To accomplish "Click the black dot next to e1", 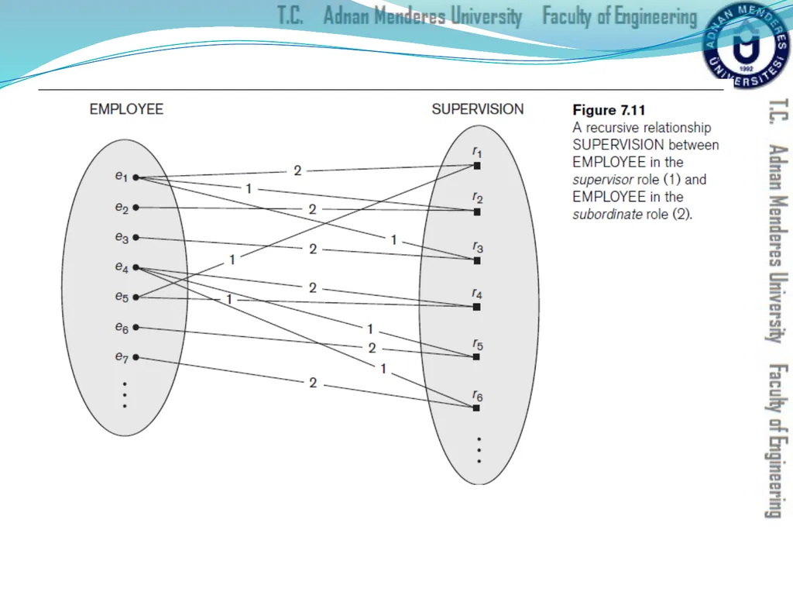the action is pos(136,177).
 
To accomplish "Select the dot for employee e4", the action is pos(136,267).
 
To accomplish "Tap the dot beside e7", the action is pos(136,357).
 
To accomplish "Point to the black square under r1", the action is pos(477,166).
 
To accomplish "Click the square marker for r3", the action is pos(477,260).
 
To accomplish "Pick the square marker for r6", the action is pos(476,408).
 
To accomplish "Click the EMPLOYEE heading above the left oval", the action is pos(126,109).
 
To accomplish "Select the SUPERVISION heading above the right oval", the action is pos(477,109).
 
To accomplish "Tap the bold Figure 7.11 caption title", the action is pos(609,110).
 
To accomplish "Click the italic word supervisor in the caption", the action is pos(602,180).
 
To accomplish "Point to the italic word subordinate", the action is pos(607,214).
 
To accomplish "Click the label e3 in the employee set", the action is pos(122,237).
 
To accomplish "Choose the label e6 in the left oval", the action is pos(122,328).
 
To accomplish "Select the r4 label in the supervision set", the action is pos(477,294).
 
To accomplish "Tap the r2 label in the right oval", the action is pos(477,198).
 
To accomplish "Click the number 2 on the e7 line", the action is pos(313,383).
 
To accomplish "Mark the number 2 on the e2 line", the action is pos(313,209).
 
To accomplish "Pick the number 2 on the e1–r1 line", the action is pos(297,170).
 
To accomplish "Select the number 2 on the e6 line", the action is pos(372,348).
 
